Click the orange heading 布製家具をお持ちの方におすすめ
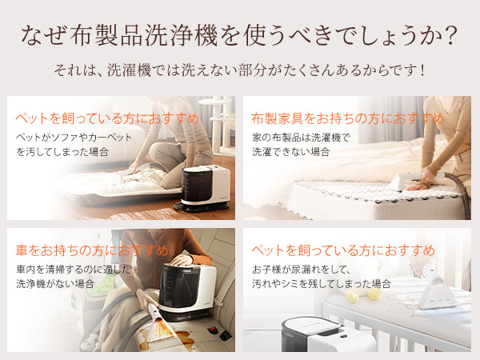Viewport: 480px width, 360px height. [x=347, y=118]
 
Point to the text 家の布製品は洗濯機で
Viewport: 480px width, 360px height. [x=301, y=137]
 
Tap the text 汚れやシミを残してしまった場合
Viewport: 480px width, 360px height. [x=321, y=283]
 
